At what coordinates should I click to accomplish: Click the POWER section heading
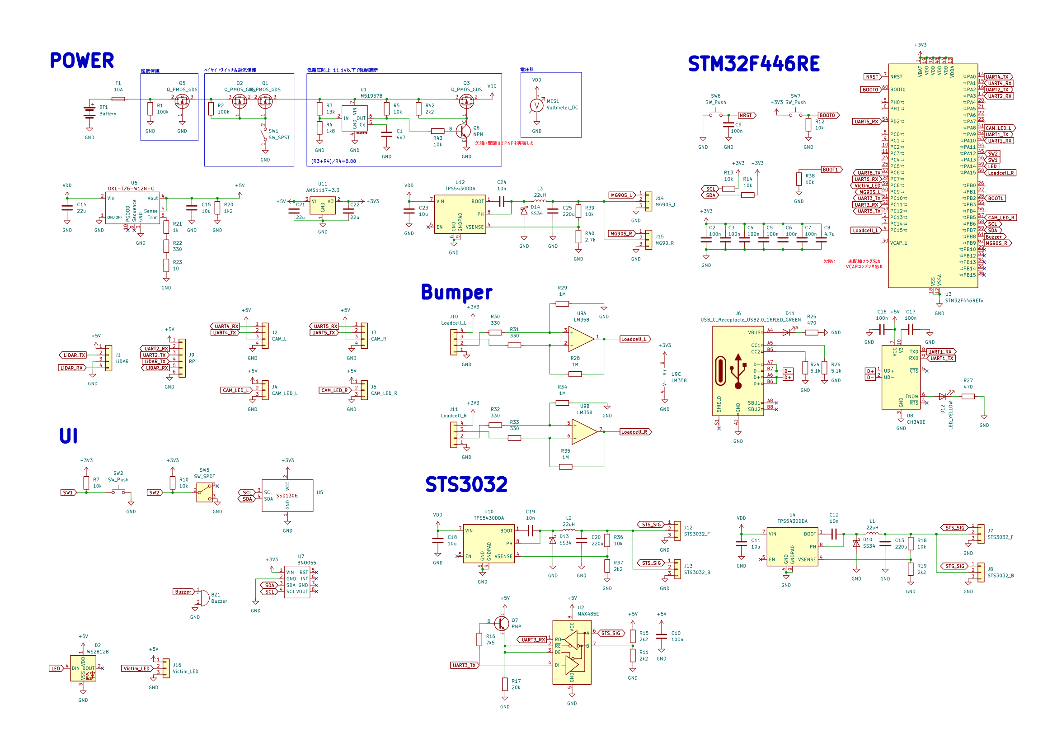82,61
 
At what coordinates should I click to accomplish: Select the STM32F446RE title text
753,64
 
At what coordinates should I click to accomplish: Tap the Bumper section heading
456,293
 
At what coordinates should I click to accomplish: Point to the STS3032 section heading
466,484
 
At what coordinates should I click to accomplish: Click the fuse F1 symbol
118,99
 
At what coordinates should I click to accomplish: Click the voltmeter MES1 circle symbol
536,105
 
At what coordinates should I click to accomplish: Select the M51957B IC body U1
354,118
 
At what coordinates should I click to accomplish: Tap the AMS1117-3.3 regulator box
322,206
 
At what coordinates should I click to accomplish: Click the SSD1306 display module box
287,496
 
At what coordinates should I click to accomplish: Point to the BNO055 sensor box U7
297,582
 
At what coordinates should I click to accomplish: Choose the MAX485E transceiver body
572,652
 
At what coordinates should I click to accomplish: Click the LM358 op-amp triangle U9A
582,339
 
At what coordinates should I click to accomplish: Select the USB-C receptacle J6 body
738,371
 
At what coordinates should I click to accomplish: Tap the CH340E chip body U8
901,377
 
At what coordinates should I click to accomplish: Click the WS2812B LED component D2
83,668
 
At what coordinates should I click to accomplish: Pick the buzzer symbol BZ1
204,598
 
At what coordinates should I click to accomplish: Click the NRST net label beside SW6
746,115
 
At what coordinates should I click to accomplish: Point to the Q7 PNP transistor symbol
501,624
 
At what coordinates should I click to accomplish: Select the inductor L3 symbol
540,201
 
